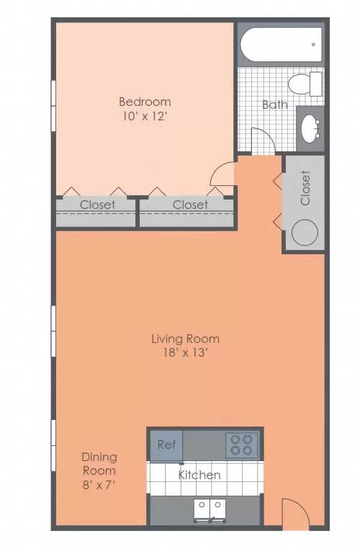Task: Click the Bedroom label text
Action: click(145, 102)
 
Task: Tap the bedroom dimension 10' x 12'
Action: click(144, 116)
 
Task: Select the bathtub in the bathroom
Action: click(281, 45)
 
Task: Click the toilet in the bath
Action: click(305, 84)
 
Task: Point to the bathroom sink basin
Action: click(310, 129)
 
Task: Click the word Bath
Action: click(275, 104)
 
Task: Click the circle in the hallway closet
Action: click(305, 232)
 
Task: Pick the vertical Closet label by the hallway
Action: click(305, 188)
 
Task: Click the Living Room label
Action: click(185, 339)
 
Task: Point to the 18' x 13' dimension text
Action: click(186, 352)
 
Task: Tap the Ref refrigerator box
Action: click(166, 445)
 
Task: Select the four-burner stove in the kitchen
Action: click(241, 445)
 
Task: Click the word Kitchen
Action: click(199, 475)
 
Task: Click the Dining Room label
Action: click(99, 464)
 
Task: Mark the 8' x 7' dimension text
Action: click(99, 485)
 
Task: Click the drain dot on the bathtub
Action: click(313, 45)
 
